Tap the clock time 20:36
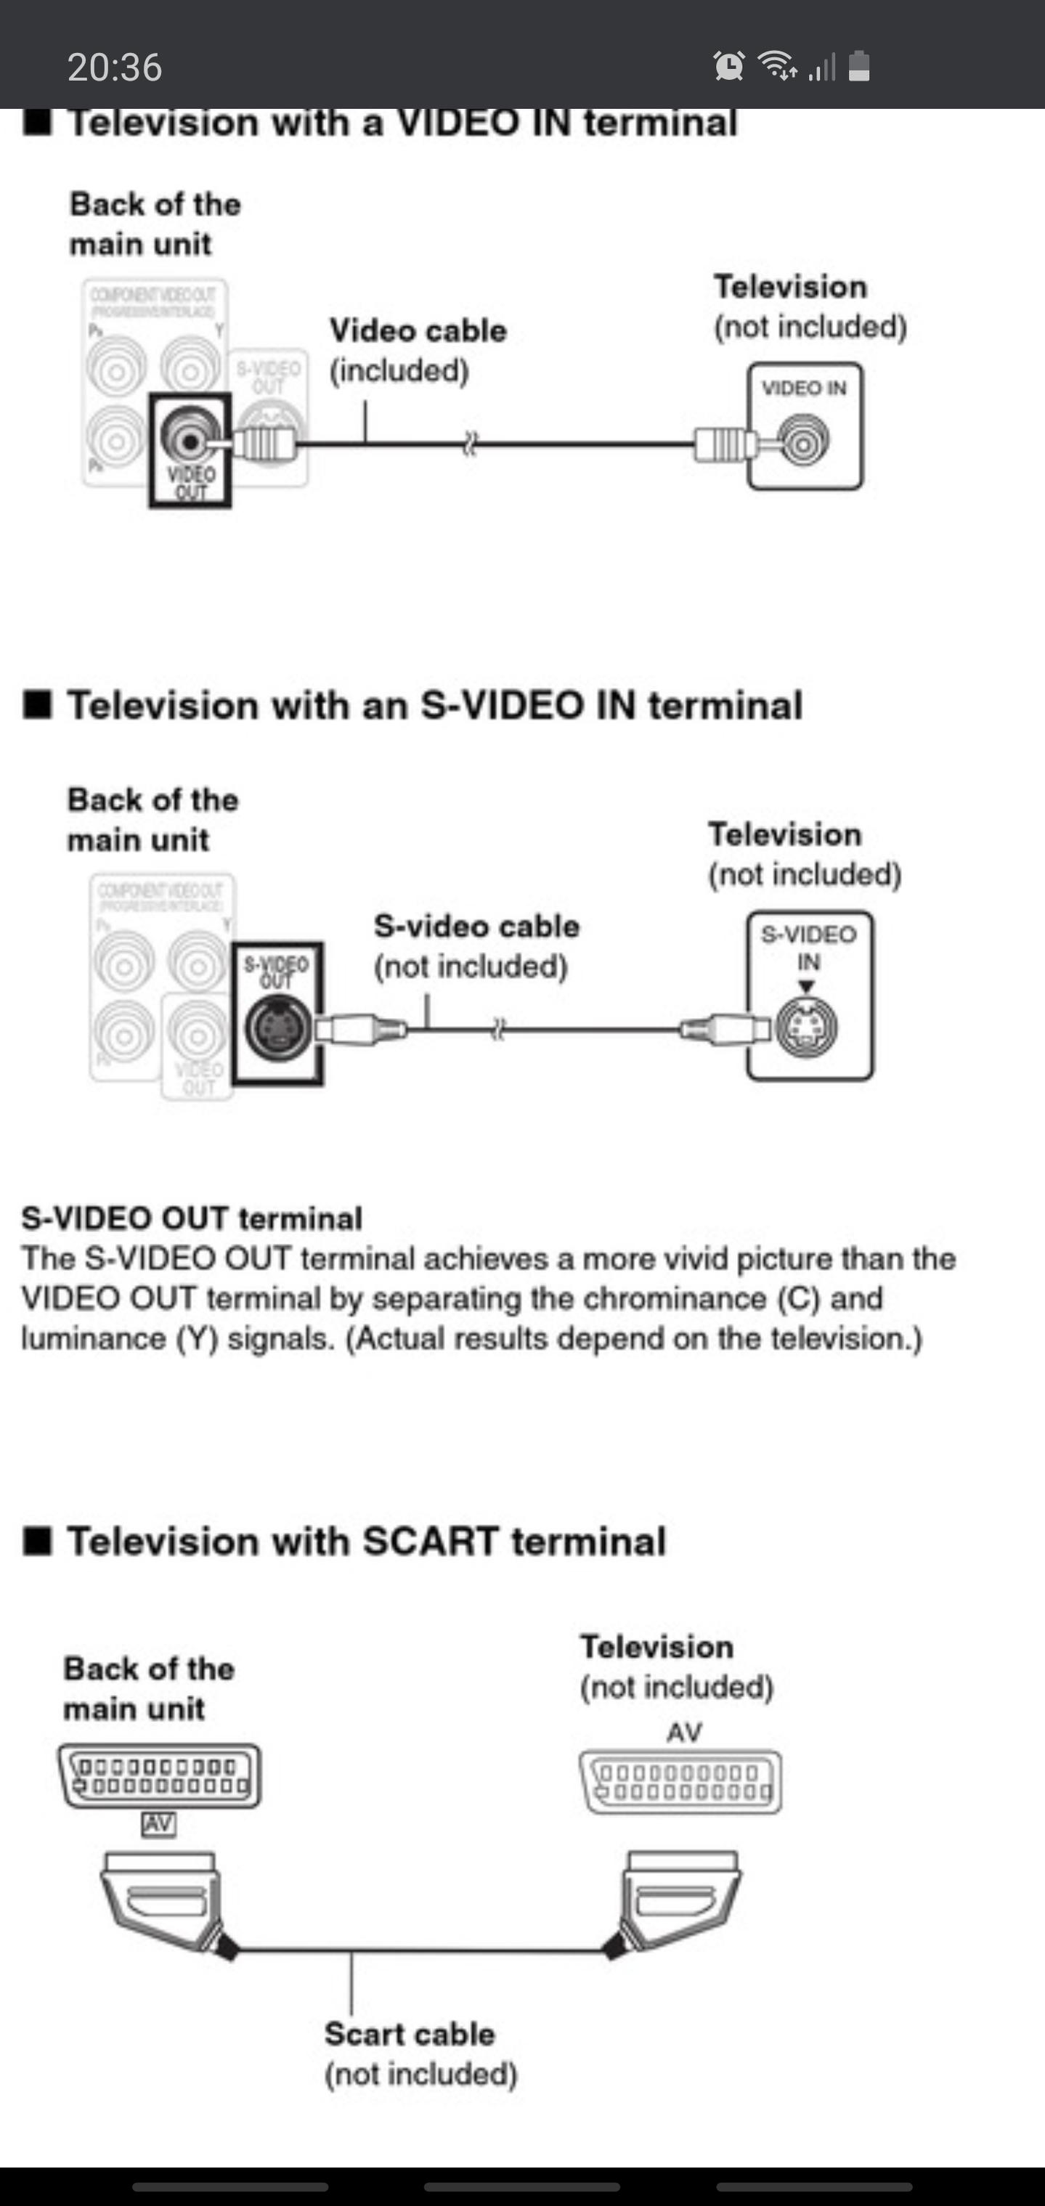tap(115, 68)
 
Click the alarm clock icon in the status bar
tap(729, 66)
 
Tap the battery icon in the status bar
tap(859, 66)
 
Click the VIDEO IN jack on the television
tap(805, 443)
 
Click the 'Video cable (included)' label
tap(418, 350)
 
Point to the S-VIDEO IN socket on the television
tap(807, 1027)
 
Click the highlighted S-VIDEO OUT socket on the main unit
tap(277, 1027)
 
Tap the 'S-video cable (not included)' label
tap(476, 946)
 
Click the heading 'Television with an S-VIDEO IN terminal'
tap(434, 706)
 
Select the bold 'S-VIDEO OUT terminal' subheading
tap(192, 1218)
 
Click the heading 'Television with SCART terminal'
tap(366, 1541)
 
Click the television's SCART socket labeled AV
tap(681, 1781)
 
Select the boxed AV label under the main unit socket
tap(158, 1824)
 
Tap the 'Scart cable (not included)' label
tap(420, 2054)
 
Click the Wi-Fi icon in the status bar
tap(778, 65)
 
